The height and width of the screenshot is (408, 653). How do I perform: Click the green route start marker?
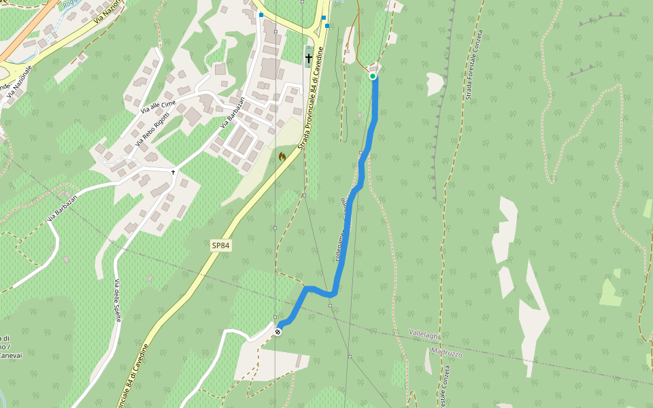coord(373,76)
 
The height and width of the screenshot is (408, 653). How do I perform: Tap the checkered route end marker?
coord(278,332)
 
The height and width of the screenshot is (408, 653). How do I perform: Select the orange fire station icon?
coord(282,156)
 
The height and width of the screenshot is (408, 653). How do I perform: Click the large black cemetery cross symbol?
coord(309,58)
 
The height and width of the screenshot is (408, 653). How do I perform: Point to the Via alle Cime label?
coord(158,105)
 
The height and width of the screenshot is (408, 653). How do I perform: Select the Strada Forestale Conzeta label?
coord(474,65)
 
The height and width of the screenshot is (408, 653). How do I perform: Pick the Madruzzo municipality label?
coord(446,353)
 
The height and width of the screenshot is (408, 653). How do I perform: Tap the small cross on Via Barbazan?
coord(173,172)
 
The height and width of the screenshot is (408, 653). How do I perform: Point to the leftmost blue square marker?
coord(261,14)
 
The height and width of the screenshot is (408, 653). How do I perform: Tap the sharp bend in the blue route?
coord(332,294)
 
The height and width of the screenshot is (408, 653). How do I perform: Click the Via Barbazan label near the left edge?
coord(63,207)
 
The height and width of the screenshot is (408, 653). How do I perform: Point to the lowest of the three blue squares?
coord(327,26)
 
